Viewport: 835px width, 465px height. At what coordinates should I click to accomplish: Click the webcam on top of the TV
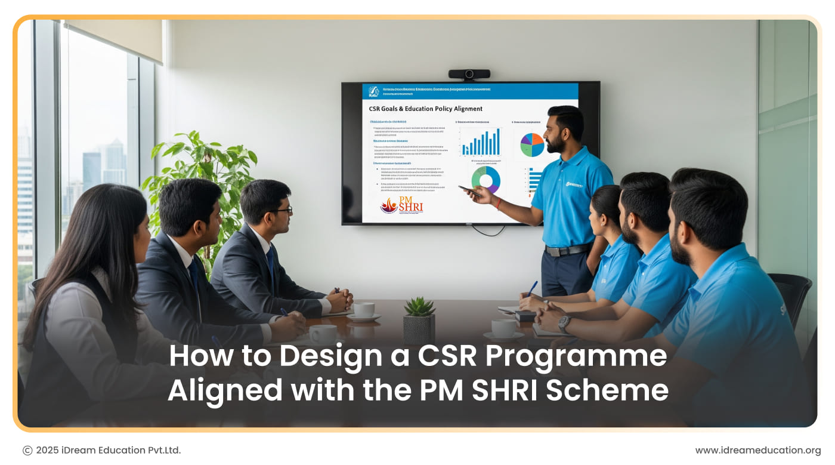(x=469, y=75)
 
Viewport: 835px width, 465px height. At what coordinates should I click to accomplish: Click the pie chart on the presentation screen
(x=532, y=145)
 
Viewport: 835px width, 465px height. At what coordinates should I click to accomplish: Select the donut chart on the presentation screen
(x=485, y=179)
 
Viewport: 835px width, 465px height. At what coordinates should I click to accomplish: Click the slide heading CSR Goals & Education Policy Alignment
(x=425, y=109)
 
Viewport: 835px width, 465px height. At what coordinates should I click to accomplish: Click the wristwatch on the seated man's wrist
(x=564, y=324)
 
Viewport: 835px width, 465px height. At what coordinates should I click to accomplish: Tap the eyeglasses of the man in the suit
(x=284, y=210)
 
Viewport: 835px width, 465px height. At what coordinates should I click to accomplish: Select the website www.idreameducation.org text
(x=757, y=450)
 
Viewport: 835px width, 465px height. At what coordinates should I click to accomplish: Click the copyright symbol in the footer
(x=27, y=451)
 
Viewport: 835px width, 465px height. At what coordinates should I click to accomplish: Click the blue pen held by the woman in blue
(x=532, y=288)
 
